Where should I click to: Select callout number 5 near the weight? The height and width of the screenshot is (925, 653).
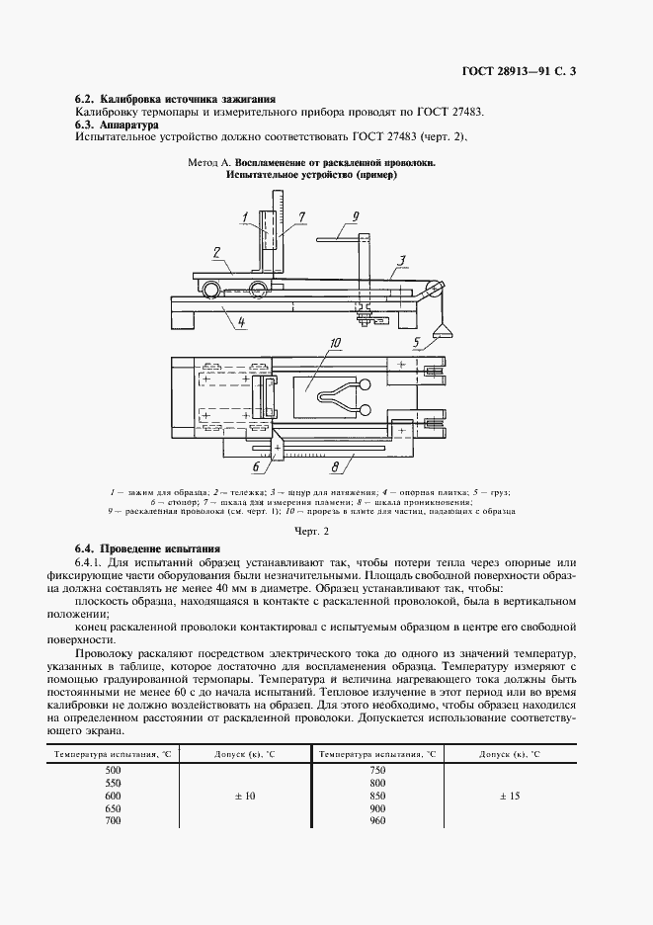tap(417, 343)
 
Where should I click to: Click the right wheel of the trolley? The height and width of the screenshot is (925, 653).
tap(258, 289)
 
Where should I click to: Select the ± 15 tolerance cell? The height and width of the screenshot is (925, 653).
tap(509, 795)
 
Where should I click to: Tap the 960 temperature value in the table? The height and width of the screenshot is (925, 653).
tap(375, 820)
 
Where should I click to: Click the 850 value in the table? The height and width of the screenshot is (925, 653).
tap(375, 795)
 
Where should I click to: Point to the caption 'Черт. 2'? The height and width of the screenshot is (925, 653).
tap(326, 531)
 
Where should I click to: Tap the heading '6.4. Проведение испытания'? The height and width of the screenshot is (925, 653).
tap(148, 547)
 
